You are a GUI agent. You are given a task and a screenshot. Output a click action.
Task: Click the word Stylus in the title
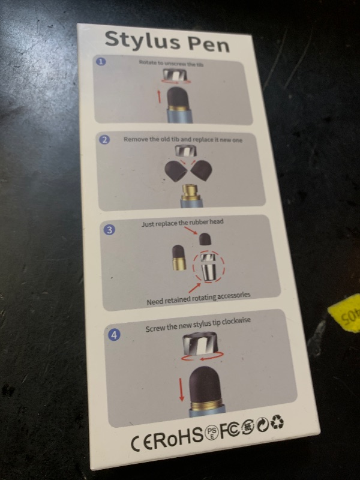[x=142, y=42]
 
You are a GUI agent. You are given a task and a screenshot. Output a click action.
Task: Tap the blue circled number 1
[x=101, y=62]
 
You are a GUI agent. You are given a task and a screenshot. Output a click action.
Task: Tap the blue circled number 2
[x=104, y=140]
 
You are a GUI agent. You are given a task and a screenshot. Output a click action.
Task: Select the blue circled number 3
[x=109, y=230]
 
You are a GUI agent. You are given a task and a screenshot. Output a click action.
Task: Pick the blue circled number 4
[x=114, y=335]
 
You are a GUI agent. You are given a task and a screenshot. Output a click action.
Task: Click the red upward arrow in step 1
[x=159, y=95]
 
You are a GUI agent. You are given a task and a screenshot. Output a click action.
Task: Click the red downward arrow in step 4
[x=181, y=389]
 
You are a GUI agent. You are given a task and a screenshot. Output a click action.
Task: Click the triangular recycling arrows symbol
[x=277, y=422]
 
